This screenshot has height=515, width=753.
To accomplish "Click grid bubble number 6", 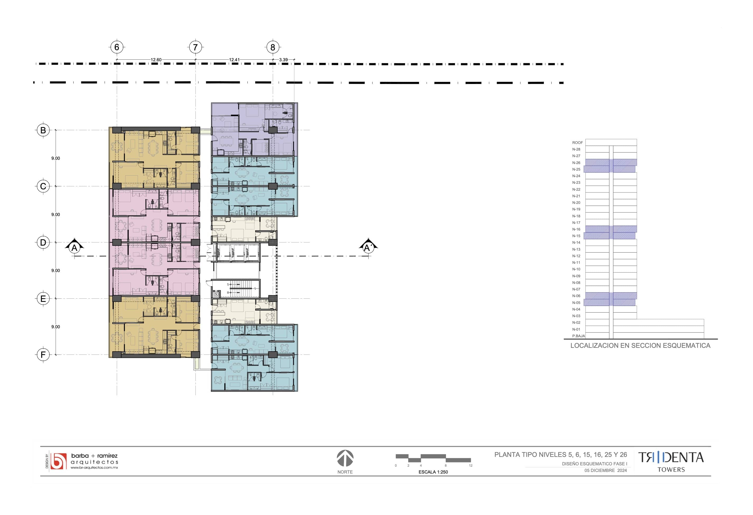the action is coord(117,47).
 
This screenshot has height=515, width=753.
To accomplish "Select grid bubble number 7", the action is coord(195,47).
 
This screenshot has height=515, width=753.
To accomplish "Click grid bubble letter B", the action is coord(43,130).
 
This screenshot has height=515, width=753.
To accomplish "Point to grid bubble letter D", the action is coord(43,242).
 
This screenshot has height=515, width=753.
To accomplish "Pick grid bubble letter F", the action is coord(43,355).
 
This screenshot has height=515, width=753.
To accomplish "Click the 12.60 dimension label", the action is coord(156,60).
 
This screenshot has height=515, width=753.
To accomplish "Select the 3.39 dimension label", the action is coord(283,60).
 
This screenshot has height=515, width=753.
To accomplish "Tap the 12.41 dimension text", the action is coord(234,60).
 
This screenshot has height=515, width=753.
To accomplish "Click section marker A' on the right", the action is coord(368,247).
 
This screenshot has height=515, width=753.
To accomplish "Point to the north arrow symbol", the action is coord(345,458).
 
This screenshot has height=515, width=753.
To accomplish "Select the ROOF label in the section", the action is coord(577,143).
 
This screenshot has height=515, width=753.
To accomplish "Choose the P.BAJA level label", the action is coord(578,336).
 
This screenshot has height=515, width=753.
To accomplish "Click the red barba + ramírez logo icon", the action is coord(58,461).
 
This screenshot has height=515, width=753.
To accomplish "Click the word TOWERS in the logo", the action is coord(671,470).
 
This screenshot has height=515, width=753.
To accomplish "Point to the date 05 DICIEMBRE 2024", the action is coord(606,470).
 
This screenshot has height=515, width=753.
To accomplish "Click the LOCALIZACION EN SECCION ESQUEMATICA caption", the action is coord(640,346).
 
